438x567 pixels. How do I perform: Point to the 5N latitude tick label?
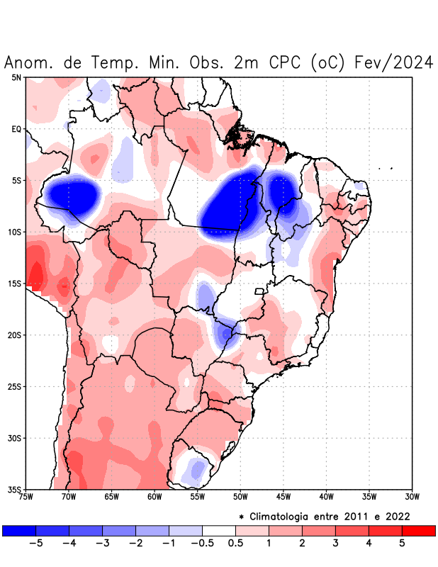16,77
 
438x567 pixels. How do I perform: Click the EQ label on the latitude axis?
16,129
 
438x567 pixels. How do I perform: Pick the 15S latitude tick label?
15,283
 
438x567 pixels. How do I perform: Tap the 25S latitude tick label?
15,386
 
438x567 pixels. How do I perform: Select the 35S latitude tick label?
15,489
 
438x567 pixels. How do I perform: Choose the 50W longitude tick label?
240,497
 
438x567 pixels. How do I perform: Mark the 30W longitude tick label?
412,497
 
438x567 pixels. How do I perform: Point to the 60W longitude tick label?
155,497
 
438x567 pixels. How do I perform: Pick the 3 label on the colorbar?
335,543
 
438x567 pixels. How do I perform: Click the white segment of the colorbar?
219,530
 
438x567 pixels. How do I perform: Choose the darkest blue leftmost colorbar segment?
19,530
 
